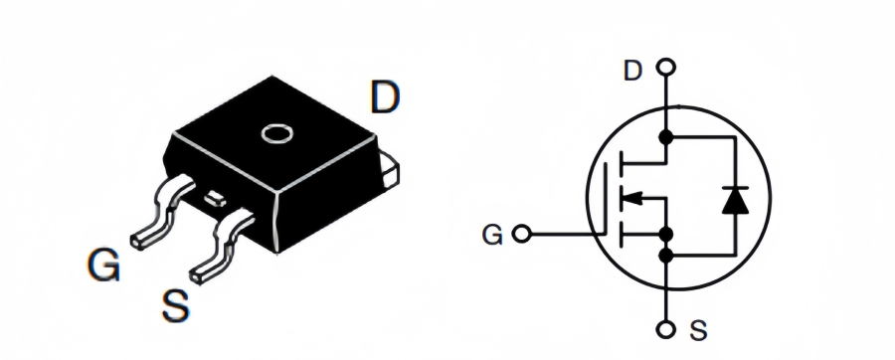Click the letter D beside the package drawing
pyautogui.click(x=384, y=98)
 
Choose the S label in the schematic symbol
pyautogui.click(x=698, y=330)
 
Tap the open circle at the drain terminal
pyautogui.click(x=666, y=69)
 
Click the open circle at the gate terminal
pyautogui.click(x=522, y=235)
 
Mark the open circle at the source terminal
pyautogui.click(x=666, y=330)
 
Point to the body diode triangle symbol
pyautogui.click(x=734, y=199)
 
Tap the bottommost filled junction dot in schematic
pyautogui.click(x=666, y=257)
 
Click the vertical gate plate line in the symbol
pyautogui.click(x=606, y=196)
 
